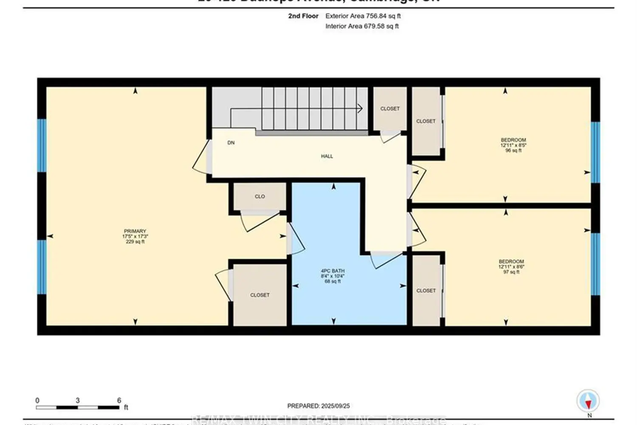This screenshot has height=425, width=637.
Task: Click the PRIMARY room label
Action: pyautogui.click(x=135, y=231)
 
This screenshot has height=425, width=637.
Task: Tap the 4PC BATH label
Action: pyautogui.click(x=333, y=271)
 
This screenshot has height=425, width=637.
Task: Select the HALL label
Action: pyautogui.click(x=327, y=156)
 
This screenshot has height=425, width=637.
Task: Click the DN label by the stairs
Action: pyautogui.click(x=231, y=143)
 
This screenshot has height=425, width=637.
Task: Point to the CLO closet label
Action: pyautogui.click(x=259, y=196)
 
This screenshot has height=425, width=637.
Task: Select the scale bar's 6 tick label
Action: pyautogui.click(x=119, y=400)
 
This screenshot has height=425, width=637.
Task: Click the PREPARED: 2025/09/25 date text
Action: pyautogui.click(x=318, y=406)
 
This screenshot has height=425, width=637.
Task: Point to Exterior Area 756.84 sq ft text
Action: pyautogui.click(x=363, y=16)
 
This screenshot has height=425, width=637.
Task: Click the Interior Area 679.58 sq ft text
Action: pyautogui.click(x=362, y=26)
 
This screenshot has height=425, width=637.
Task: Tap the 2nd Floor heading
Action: pyautogui.click(x=303, y=16)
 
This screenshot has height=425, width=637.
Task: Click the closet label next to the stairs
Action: pyautogui.click(x=390, y=109)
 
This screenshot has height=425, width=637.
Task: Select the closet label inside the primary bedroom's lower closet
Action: pyautogui.click(x=259, y=295)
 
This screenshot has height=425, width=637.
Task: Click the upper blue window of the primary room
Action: pyautogui.click(x=42, y=145)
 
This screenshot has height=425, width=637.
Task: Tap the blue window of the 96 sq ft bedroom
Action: pyautogui.click(x=596, y=152)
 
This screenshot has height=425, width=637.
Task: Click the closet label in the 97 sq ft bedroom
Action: pyautogui.click(x=426, y=291)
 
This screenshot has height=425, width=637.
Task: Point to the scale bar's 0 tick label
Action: pyautogui.click(x=37, y=400)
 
